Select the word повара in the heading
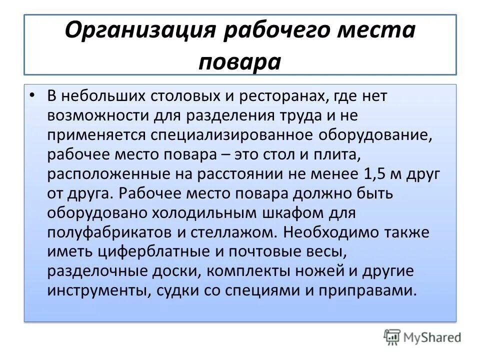240,62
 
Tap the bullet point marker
33,94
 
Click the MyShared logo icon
392,337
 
